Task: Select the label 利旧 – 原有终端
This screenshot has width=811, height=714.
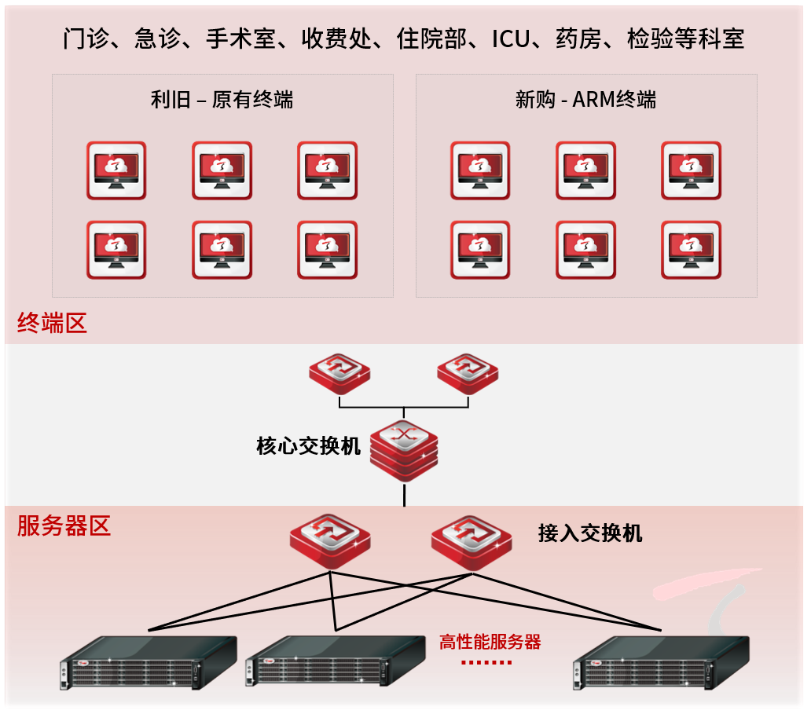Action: (222, 100)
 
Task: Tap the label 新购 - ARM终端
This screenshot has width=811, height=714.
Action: (585, 100)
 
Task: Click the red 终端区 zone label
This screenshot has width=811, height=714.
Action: (52, 323)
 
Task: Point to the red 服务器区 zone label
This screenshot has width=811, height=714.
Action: (64, 525)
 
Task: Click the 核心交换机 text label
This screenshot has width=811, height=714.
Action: (308, 446)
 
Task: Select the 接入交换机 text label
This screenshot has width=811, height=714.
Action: (590, 533)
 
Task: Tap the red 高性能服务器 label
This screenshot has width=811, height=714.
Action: (490, 642)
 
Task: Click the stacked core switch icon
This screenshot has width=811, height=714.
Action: (403, 449)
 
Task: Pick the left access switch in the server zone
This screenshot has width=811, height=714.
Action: (329, 540)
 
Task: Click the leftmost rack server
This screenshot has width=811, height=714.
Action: (149, 664)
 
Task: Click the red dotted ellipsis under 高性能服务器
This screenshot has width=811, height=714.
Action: (486, 662)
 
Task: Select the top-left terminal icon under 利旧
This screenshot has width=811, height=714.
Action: (116, 170)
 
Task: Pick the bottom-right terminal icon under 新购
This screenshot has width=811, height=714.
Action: (691, 250)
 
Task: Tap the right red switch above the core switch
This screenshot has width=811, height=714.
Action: (468, 374)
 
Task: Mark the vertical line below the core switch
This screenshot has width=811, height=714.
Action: (404, 495)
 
